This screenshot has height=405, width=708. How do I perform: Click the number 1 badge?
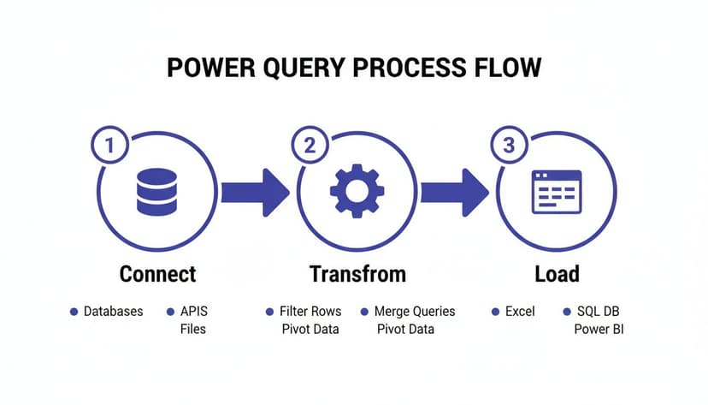click(109, 146)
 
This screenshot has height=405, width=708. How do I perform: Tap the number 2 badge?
click(310, 146)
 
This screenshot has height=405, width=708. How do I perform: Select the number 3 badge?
click(510, 146)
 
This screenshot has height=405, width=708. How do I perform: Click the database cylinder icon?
click(156, 192)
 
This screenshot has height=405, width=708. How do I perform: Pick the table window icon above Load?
click(557, 192)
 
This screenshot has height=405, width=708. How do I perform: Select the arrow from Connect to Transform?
click(255, 192)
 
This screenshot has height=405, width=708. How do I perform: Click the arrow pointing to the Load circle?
click(455, 192)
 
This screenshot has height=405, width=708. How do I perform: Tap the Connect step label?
click(157, 274)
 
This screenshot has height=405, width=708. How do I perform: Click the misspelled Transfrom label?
click(357, 274)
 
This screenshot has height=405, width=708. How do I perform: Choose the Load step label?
click(557, 274)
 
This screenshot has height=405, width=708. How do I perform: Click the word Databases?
click(114, 312)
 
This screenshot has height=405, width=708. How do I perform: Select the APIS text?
click(193, 312)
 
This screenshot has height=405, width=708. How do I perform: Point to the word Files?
click(193, 329)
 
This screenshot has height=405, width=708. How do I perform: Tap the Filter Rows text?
click(310, 312)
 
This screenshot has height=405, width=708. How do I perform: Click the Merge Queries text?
click(415, 312)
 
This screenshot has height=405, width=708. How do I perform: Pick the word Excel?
click(520, 312)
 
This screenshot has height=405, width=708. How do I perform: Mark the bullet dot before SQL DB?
click(566, 312)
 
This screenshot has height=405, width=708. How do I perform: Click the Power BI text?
click(599, 329)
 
